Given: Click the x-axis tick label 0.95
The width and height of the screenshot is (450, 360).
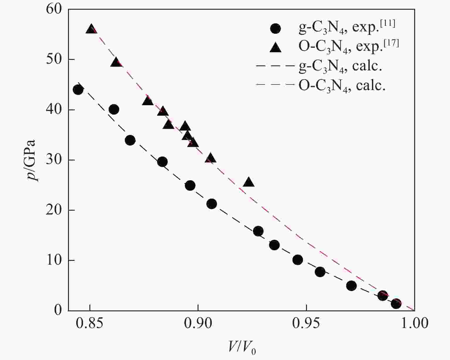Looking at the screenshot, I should coord(306,323).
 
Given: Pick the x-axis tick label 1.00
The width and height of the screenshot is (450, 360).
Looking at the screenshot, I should coord(414,323).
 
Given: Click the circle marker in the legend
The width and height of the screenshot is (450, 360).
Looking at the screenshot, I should coord(275,28).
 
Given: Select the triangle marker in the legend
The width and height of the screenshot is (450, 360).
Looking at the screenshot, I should coord(275,47).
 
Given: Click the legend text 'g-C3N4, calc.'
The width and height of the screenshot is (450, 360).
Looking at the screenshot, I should coord(340,66).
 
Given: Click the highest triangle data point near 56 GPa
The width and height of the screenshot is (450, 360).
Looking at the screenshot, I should coord(91,29).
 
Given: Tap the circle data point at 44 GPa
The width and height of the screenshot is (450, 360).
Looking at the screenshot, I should coord(78,90).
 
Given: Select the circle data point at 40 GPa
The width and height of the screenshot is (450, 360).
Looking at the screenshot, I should coord(114,109).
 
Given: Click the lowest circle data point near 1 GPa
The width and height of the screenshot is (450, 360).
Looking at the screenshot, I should coord(396,304).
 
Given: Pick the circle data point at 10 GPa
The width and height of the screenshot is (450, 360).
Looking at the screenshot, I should coord(298,260).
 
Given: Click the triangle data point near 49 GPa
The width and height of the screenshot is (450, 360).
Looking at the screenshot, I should coord(116,62).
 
